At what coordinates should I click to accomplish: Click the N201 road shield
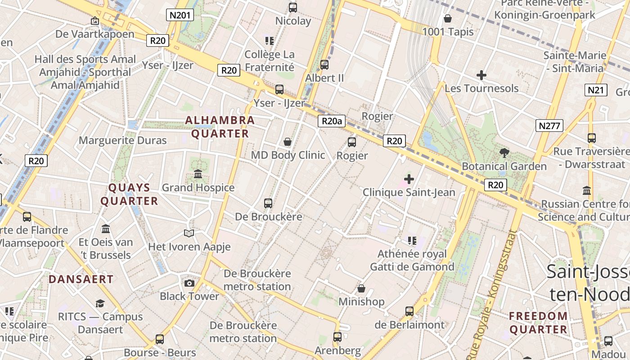click(180, 15)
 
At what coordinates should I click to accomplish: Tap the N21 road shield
click(596, 90)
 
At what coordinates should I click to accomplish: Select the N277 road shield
click(549, 126)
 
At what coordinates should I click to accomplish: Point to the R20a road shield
click(332, 121)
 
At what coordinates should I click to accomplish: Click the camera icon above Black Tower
click(189, 283)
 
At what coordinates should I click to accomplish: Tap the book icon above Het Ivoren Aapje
click(189, 233)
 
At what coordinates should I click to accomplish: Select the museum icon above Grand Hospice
click(198, 174)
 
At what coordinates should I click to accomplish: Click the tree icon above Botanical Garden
click(504, 153)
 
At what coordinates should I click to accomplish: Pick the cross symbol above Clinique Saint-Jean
click(409, 179)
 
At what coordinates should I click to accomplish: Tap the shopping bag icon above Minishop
click(361, 288)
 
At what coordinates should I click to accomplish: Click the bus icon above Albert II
click(324, 65)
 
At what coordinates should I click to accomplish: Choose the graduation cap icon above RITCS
click(100, 304)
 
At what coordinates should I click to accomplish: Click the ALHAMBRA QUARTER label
click(220, 127)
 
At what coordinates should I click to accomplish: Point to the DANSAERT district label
click(81, 279)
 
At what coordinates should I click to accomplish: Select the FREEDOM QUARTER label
click(538, 323)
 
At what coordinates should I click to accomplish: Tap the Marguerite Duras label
click(122, 140)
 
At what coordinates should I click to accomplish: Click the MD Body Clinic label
click(288, 155)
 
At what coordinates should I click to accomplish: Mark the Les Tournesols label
click(481, 88)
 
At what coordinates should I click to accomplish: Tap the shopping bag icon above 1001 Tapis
click(447, 18)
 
